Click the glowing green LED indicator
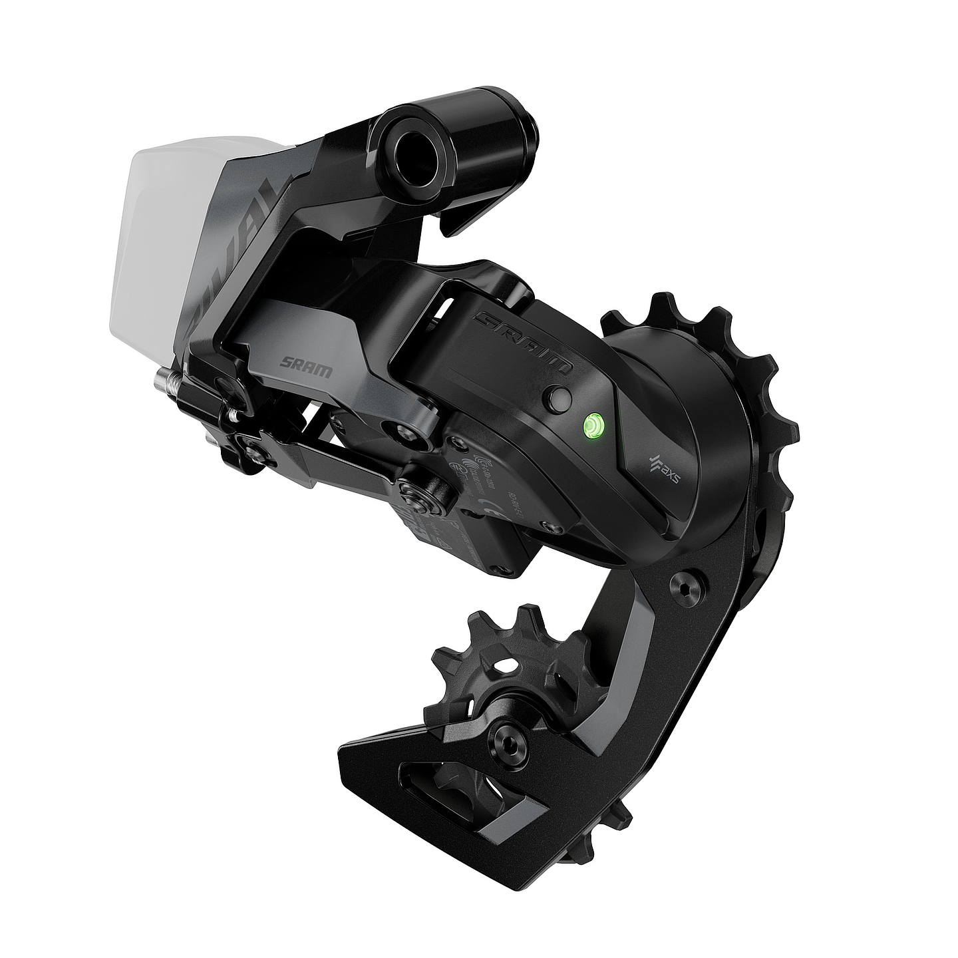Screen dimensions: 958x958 click(x=591, y=424)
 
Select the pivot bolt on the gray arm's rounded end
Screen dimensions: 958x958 click(x=404, y=432)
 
